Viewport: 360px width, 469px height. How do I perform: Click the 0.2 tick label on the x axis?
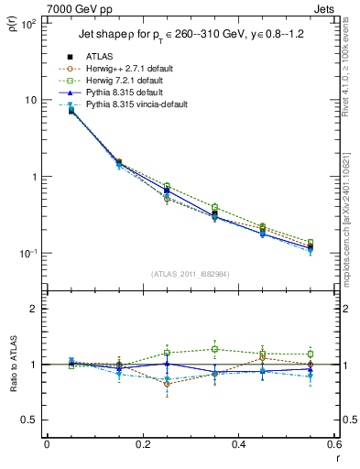[x=142, y=444]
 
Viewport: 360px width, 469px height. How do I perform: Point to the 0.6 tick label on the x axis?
[x=334, y=444]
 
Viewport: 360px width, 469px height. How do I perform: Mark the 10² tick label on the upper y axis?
[x=29, y=22]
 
